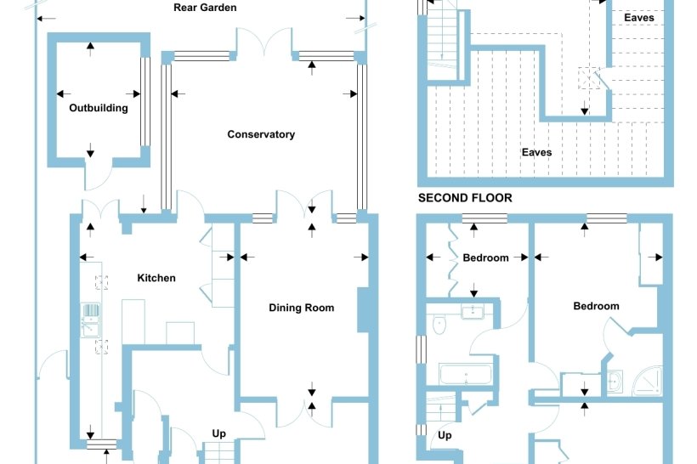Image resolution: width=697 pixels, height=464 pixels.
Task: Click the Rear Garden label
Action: (205, 8)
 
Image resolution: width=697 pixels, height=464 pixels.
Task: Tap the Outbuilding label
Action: (99, 108)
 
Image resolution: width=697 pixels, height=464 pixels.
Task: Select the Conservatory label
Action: (261, 134)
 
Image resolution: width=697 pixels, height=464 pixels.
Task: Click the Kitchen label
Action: (156, 278)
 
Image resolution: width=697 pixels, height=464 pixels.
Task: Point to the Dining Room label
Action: (302, 308)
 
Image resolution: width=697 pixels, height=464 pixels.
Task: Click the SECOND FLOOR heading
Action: (465, 198)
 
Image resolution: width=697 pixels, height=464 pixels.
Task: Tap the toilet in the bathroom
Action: (439, 325)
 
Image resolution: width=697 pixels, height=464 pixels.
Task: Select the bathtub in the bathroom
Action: (465, 374)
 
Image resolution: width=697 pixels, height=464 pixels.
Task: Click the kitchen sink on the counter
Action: (90, 320)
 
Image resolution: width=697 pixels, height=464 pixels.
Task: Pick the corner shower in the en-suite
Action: (648, 381)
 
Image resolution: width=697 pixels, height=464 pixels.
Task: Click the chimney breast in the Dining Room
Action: (364, 310)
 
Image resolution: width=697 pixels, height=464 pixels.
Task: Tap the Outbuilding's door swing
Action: (99, 177)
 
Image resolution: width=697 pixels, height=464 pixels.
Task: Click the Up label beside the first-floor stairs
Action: (445, 435)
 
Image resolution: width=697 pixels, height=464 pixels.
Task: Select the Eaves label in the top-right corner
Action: (638, 18)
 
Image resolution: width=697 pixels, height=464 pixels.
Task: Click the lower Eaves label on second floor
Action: (536, 152)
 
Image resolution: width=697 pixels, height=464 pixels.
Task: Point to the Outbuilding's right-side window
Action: (145, 101)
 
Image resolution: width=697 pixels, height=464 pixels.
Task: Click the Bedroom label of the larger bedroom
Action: (596, 306)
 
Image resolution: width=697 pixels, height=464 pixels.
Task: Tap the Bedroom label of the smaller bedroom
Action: (485, 257)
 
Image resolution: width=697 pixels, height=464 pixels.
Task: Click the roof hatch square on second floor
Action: (588, 78)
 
